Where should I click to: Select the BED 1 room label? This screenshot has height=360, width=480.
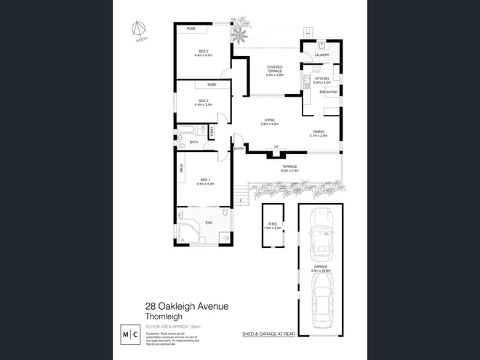(204, 182)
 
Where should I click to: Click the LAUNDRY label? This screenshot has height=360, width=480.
(324, 55)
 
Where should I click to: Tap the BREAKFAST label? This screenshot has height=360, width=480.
(328, 92)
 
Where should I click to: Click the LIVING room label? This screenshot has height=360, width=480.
(269, 121)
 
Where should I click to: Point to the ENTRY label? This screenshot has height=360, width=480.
(239, 148)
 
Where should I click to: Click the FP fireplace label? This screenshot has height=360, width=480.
(276, 148)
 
